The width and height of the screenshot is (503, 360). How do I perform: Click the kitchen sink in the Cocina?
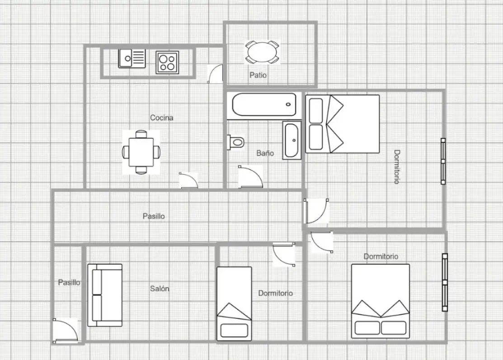pos(132,58)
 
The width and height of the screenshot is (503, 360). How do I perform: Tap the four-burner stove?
pos(167,62)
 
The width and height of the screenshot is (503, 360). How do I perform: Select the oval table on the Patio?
pos(262,52)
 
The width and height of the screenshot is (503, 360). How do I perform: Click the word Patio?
pos(258,75)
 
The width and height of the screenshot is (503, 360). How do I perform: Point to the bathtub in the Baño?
pos(264,104)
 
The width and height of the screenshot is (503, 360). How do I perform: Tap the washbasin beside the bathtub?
pos(291,140)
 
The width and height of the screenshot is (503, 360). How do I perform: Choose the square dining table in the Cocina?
pos(141,152)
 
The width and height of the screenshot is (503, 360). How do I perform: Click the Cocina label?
pos(162,118)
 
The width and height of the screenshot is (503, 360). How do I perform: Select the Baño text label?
pos(265,153)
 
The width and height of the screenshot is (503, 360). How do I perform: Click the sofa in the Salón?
pos(105,295)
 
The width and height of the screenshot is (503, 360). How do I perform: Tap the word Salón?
pos(160,289)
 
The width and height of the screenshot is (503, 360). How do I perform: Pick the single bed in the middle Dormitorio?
pos(234,303)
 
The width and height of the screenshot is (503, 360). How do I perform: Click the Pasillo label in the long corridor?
pos(154,216)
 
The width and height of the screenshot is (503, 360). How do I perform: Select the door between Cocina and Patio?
pos(216,74)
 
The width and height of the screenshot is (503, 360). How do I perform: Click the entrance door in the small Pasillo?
pos(65,331)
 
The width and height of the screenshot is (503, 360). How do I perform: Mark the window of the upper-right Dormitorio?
pos(443,161)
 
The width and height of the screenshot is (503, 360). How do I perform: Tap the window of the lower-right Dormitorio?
pos(445,282)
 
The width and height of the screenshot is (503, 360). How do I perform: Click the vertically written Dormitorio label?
pos(397,167)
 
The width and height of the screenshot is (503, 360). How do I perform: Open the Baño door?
pos(250,176)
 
